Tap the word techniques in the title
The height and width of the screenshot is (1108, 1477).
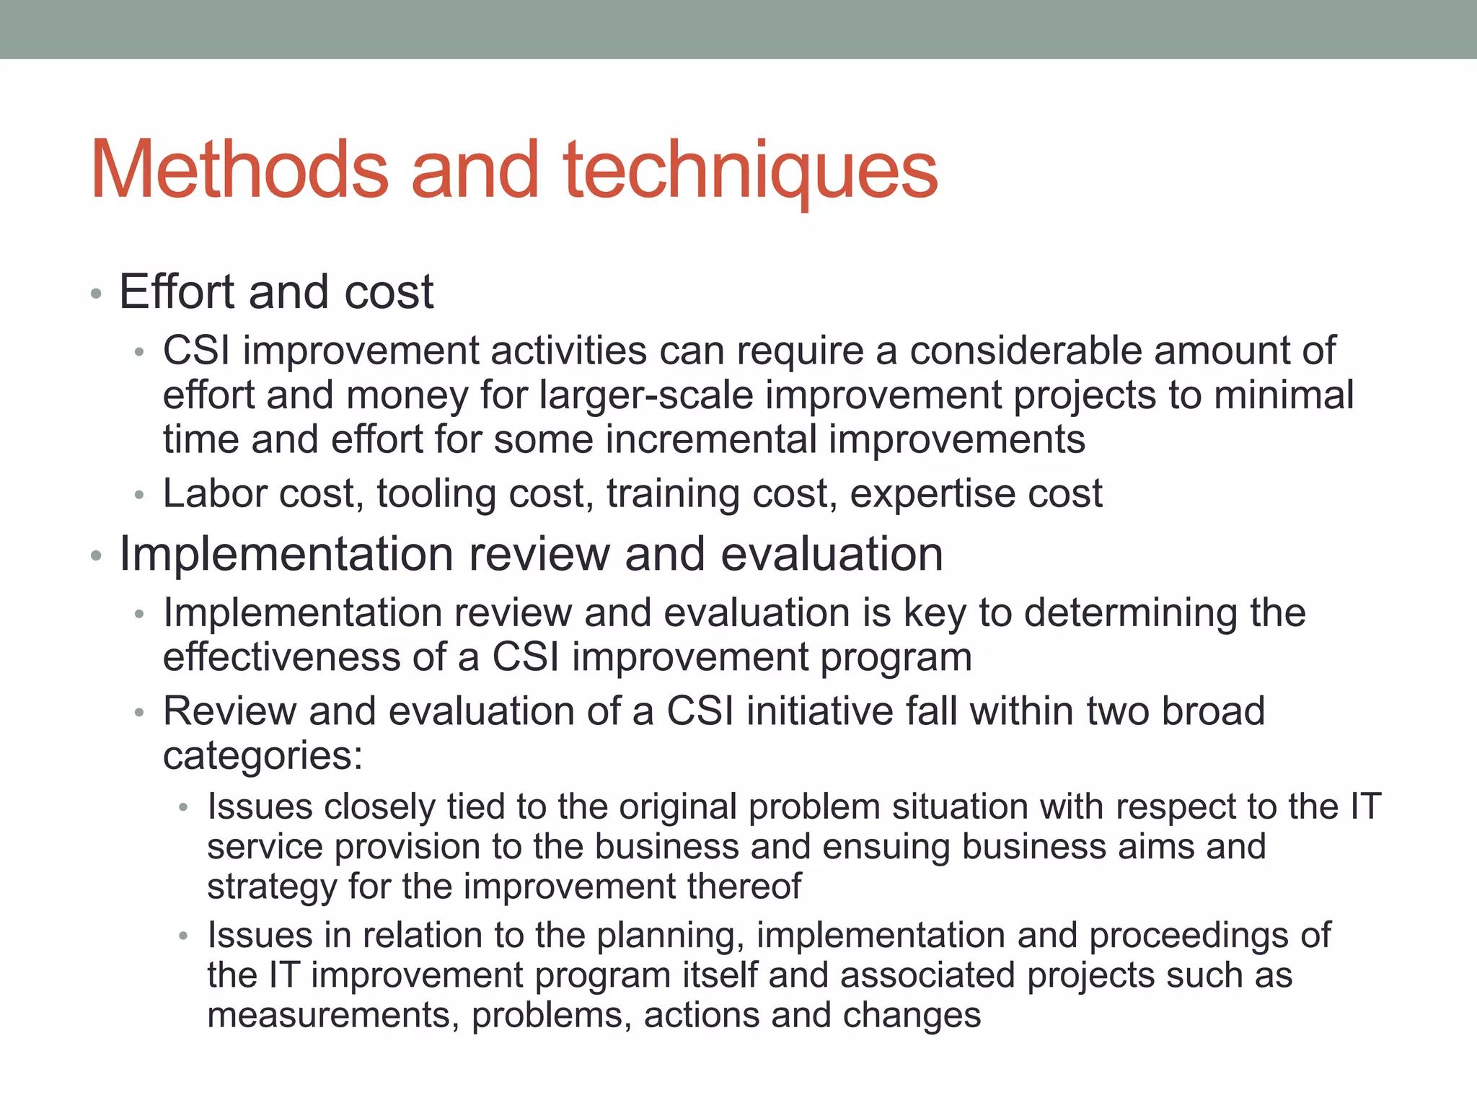pos(751,172)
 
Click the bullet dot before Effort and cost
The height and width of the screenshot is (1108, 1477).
pos(96,294)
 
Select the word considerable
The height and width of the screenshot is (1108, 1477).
pos(1025,351)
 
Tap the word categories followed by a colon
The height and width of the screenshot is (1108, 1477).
pos(263,757)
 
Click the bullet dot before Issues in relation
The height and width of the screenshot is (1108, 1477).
pos(184,937)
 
